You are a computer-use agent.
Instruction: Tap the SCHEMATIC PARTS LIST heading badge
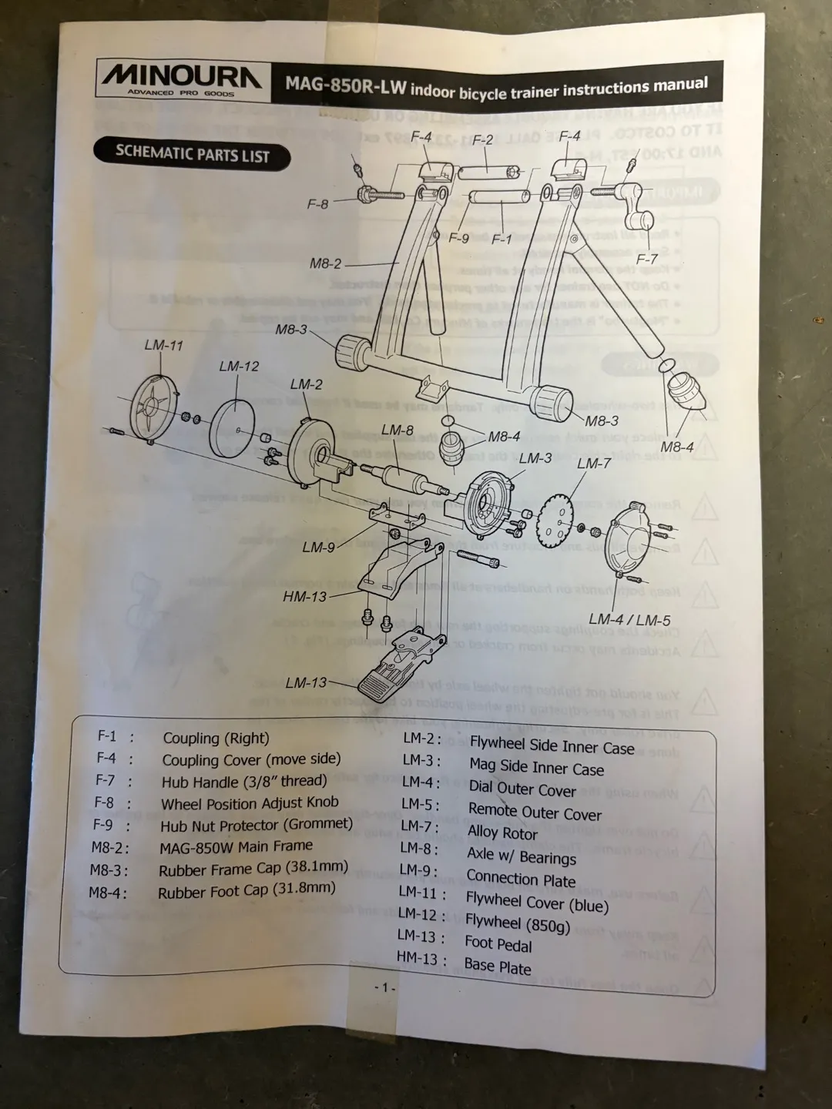pos(192,154)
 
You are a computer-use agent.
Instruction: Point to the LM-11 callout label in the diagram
pos(163,345)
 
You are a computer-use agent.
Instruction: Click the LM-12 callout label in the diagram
pos(239,367)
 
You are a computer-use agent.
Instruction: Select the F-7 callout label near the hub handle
pos(646,260)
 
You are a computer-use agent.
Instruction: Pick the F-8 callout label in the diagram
pos(317,205)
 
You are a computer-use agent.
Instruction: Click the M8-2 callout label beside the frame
pos(325,263)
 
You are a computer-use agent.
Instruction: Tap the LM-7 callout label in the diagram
pos(593,464)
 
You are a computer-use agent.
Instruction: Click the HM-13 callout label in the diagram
pos(305,596)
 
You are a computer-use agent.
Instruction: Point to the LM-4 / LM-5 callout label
pos(629,619)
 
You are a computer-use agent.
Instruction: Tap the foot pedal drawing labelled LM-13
pos(401,665)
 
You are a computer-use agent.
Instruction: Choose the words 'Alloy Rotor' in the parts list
pos(502,833)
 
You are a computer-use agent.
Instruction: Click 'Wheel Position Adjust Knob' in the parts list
pos(250,803)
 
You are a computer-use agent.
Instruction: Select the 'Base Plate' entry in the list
pos(498,967)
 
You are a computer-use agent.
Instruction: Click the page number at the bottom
pos(384,988)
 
